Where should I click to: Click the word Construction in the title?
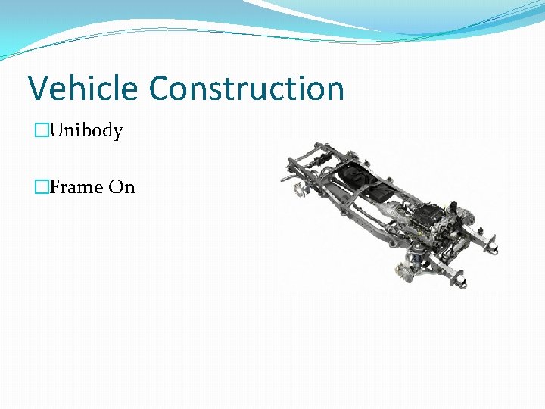coord(247,88)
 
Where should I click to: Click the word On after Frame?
coord(122,187)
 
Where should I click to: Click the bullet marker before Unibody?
coord(42,131)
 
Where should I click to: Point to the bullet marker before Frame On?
coord(42,187)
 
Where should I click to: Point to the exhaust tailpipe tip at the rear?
coord(288,179)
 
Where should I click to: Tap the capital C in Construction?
coord(161,88)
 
